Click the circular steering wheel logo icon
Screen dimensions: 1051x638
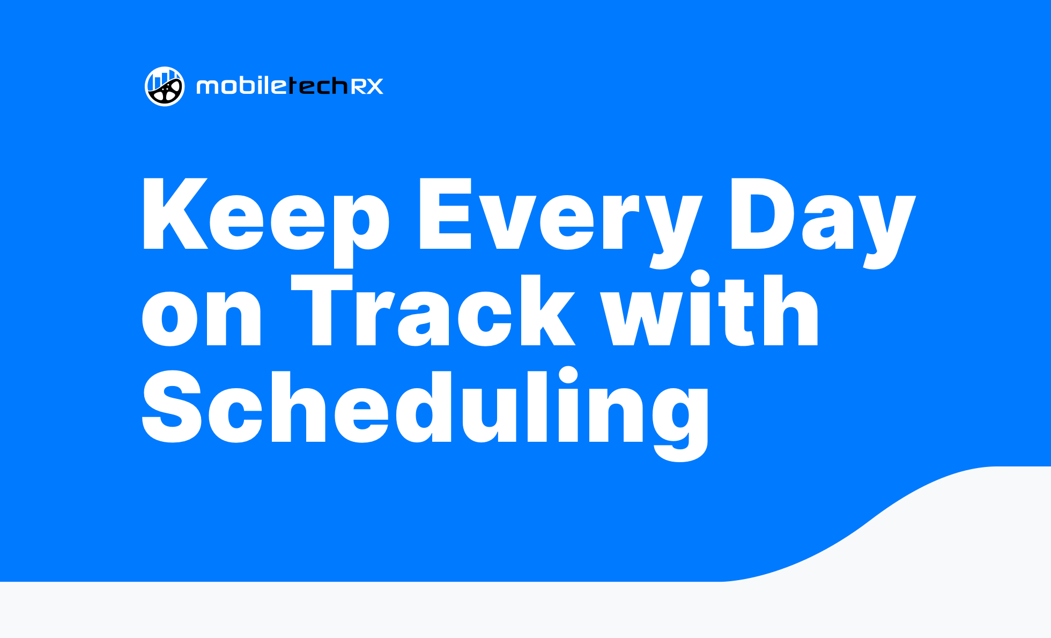click(165, 86)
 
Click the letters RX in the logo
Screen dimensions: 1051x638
click(367, 86)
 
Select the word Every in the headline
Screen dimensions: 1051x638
click(560, 222)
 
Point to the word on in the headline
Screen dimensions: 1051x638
click(202, 317)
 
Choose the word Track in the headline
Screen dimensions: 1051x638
click(433, 310)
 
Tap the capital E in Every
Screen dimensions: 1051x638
click(445, 213)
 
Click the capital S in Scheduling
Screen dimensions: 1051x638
click(172, 406)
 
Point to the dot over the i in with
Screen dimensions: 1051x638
click(700, 279)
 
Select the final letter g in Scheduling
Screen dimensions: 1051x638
click(680, 424)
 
